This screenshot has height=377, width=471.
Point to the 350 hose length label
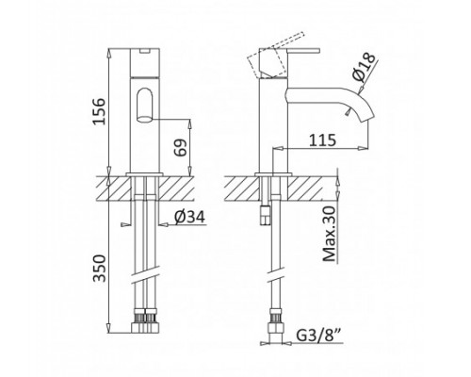pyautogui.click(x=112, y=270)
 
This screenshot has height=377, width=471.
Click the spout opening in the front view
pyautogui.click(x=143, y=104)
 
